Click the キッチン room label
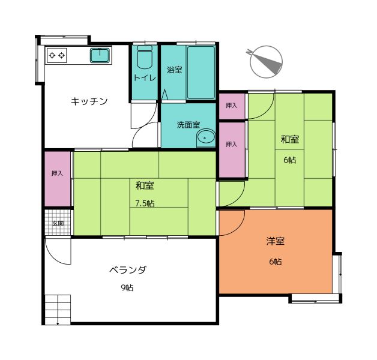tap(89, 101)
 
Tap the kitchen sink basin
tap(100, 55)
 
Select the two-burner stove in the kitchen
tap(57, 56)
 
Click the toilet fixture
tap(145, 57)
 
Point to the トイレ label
tap(145, 77)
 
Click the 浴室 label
tap(175, 70)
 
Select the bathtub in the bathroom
tap(201, 73)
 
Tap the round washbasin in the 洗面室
tap(206, 139)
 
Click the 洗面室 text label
tap(188, 125)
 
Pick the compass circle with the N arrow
tap(266, 62)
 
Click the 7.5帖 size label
tap(145, 203)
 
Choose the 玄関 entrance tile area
tap(58, 223)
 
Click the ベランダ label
tap(128, 270)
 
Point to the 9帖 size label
tap(127, 287)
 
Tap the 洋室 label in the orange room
tap(276, 241)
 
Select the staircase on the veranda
tap(58, 310)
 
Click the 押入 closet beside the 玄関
tap(58, 179)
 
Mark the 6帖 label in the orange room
tap(276, 262)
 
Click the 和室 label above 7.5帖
tap(145, 186)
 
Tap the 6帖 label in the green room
tap(290, 160)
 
